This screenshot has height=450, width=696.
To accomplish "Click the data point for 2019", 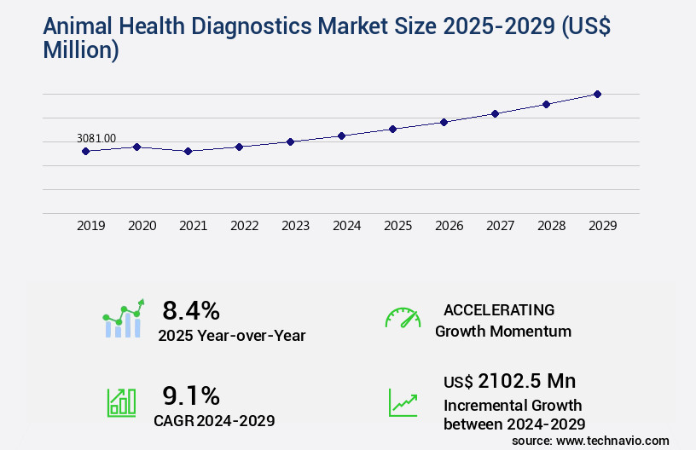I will tap(85, 151).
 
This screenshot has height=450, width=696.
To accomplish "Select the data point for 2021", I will tap(188, 151).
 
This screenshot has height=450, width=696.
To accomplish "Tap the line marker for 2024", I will tap(341, 136).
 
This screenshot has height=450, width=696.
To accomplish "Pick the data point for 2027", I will tap(495, 113).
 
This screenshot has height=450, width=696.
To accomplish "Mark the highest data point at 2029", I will tap(597, 94).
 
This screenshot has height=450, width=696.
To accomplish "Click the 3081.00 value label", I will tap(96, 138).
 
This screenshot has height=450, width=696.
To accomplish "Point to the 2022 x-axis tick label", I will tap(244, 226).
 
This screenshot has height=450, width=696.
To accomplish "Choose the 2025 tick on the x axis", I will tap(397, 226).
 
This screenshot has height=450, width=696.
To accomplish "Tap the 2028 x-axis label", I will tap(551, 226).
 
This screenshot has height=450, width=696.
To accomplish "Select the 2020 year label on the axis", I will tap(142, 226).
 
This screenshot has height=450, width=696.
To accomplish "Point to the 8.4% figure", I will tap(191, 309).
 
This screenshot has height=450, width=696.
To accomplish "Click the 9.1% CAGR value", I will tap(191, 395).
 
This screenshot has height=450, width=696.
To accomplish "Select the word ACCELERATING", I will tap(499, 309).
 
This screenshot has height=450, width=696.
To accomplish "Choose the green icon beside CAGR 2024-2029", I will tap(120, 401).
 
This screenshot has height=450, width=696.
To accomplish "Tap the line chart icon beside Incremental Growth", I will tap(403, 401).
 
